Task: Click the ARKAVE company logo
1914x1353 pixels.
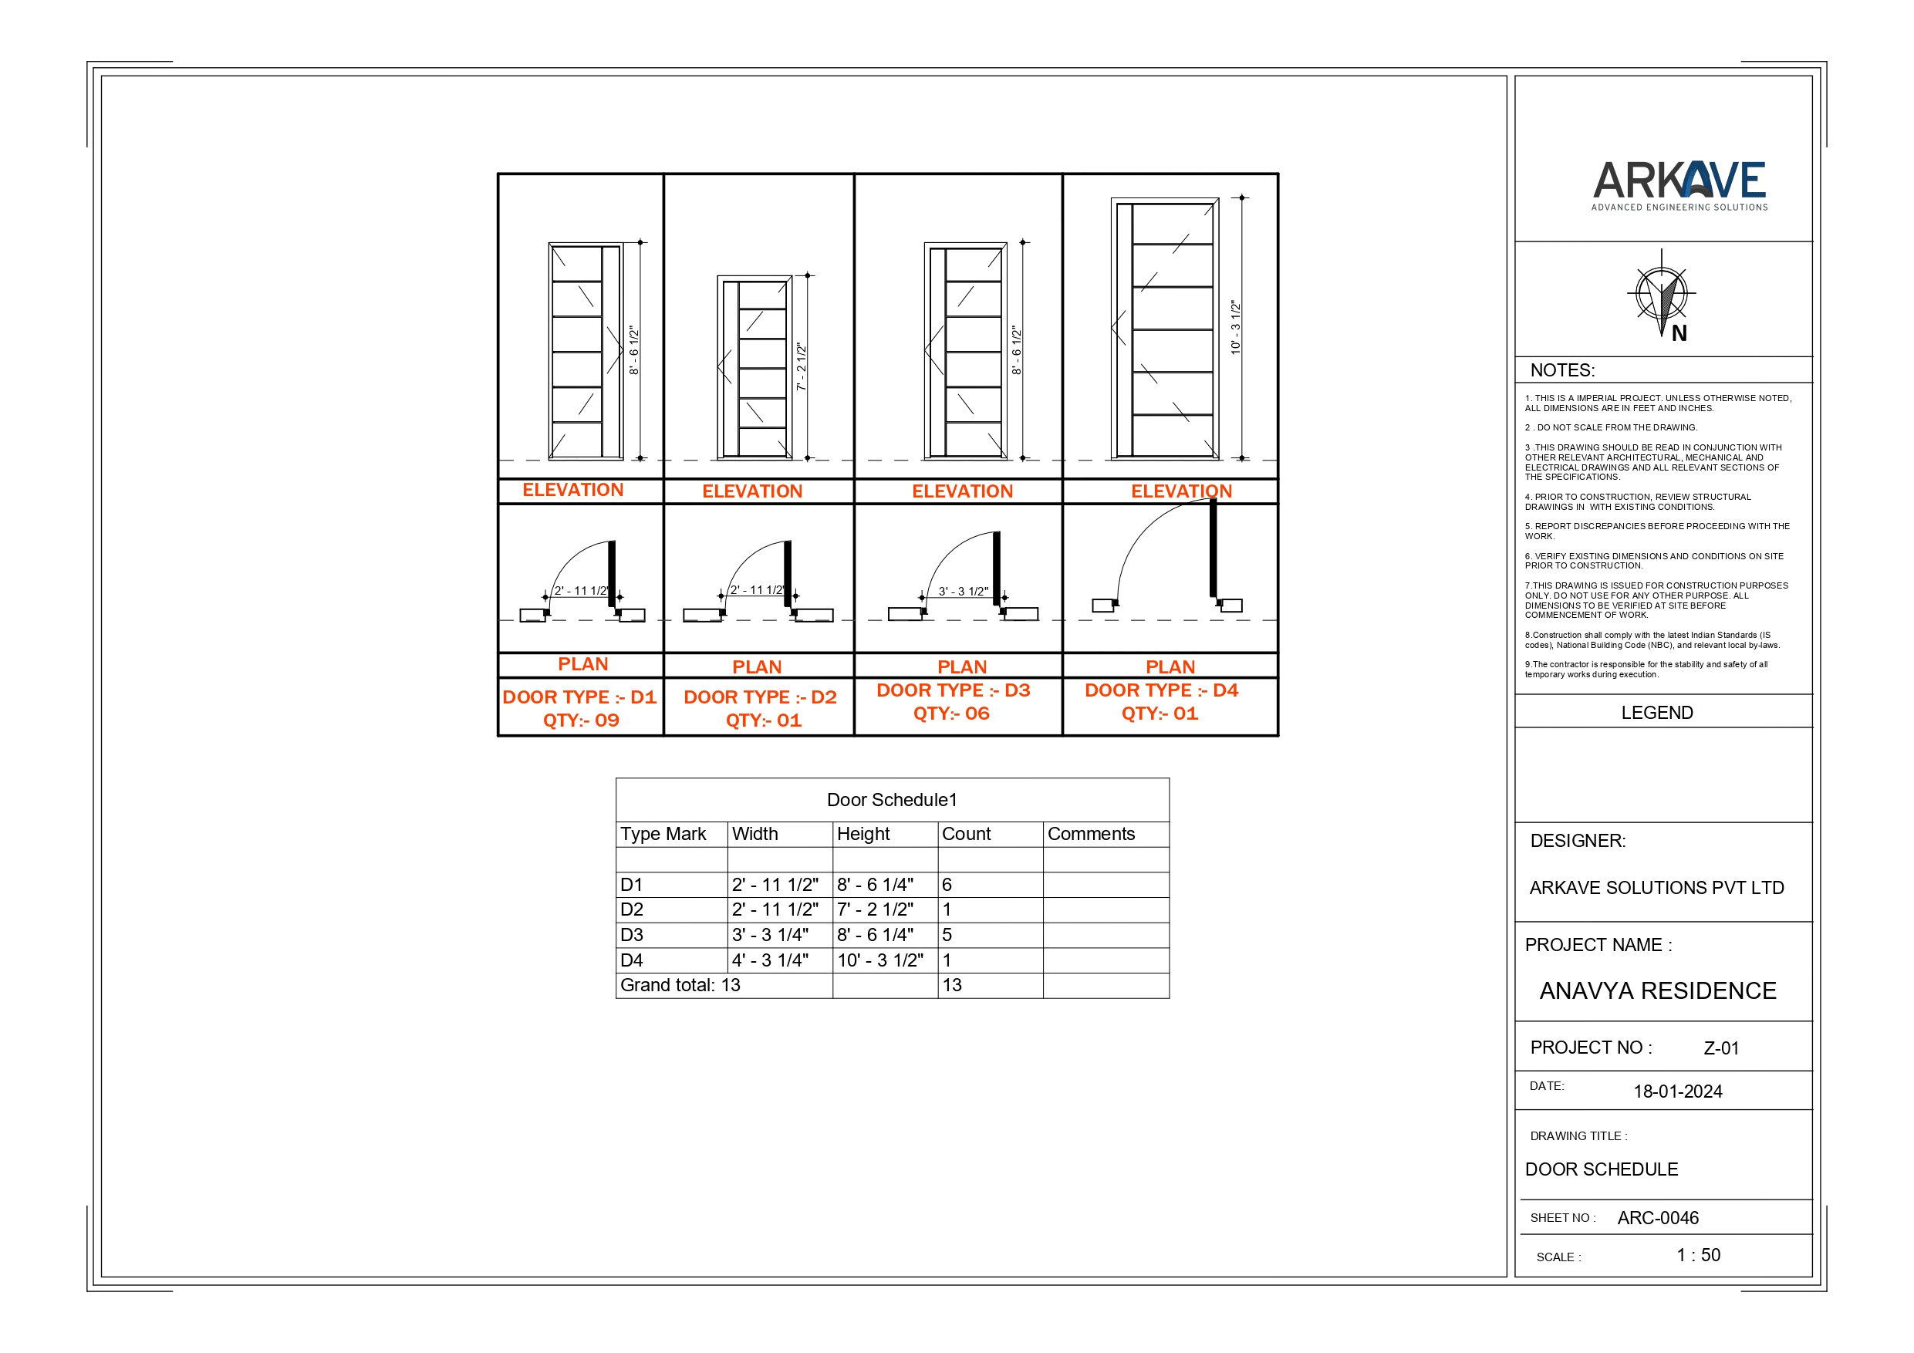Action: tap(1679, 185)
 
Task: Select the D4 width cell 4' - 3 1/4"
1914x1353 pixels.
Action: tap(770, 960)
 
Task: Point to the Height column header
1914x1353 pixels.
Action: tap(862, 835)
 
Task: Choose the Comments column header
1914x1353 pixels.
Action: tap(1090, 835)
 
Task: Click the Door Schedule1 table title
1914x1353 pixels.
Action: tap(891, 800)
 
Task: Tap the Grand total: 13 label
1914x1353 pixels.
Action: tap(680, 985)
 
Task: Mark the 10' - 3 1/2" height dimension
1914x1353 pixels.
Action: tap(1235, 328)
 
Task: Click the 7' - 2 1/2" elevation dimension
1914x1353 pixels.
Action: tap(801, 367)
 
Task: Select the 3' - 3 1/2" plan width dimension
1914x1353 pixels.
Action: tap(963, 592)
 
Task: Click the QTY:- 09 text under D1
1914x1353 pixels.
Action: tap(581, 720)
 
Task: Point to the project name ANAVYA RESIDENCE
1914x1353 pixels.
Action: tap(1657, 990)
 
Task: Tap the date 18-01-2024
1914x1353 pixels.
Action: tap(1677, 1092)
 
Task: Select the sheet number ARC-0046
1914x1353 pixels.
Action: tap(1657, 1218)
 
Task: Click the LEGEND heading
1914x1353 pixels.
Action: tap(1656, 713)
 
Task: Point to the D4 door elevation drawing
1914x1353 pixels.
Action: tap(1166, 329)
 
